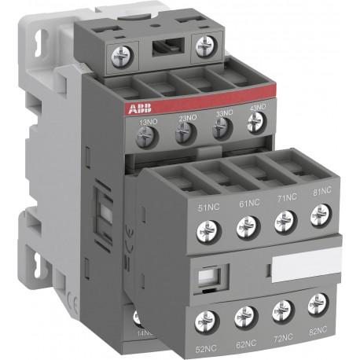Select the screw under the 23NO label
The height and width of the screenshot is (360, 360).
[186, 134]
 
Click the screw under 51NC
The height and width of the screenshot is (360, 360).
[208, 230]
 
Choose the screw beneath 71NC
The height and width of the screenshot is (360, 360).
[284, 222]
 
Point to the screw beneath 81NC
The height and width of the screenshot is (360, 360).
[318, 215]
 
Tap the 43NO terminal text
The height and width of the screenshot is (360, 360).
[257, 108]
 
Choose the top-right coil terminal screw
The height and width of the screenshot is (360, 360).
[205, 43]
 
